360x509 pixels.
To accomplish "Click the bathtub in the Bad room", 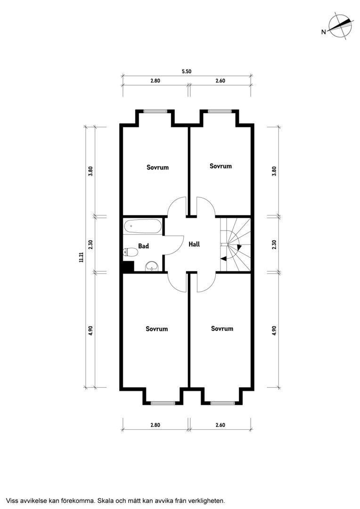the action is pyautogui.click(x=142, y=226).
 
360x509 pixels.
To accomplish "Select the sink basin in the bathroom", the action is pyautogui.click(x=151, y=266).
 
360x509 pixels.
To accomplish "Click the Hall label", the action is pyautogui.click(x=194, y=244).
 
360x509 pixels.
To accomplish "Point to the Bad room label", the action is pyautogui.click(x=143, y=246).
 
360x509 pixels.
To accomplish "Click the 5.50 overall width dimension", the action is pyautogui.click(x=187, y=72).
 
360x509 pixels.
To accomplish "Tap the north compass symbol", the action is pyautogui.click(x=340, y=26).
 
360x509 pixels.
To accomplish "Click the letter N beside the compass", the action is pyautogui.click(x=323, y=32).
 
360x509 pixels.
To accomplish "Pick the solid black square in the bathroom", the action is pyautogui.click(x=129, y=266).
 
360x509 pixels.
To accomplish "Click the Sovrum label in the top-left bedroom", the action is pyautogui.click(x=157, y=167).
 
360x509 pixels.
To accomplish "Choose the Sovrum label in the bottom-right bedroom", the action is pyautogui.click(x=222, y=328).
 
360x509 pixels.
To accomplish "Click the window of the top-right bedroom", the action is pyautogui.click(x=220, y=111).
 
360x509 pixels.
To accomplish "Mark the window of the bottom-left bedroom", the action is pyautogui.click(x=163, y=403).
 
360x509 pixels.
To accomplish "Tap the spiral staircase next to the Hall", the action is pyautogui.click(x=235, y=244).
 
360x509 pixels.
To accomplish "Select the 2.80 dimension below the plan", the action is pyautogui.click(x=155, y=425).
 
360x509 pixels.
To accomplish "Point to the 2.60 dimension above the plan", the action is pyautogui.click(x=221, y=81).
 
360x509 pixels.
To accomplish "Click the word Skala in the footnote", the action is pyautogui.click(x=106, y=501).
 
